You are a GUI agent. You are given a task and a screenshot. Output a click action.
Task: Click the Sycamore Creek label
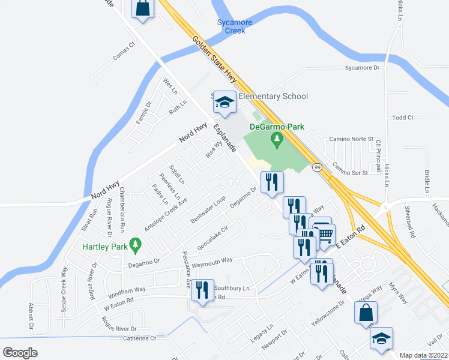tap(235, 26)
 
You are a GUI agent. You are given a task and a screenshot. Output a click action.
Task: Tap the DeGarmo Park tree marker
tap(277, 141)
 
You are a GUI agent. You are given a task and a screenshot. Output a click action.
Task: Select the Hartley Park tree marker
tap(136, 244)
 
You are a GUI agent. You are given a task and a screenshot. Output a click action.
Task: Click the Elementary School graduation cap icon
tap(224, 103)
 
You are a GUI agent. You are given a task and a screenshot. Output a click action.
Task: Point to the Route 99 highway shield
tap(318, 167)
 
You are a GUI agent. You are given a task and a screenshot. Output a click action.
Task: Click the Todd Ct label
tap(402, 118)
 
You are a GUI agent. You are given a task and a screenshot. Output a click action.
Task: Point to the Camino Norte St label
tap(351, 139)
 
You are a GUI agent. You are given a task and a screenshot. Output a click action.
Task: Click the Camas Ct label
tap(124, 51)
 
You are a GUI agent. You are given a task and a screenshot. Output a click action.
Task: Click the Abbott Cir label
tap(31, 316)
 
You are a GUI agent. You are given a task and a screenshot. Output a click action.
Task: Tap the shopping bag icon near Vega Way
tap(366, 312)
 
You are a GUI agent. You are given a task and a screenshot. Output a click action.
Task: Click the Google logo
tap(20, 353)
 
